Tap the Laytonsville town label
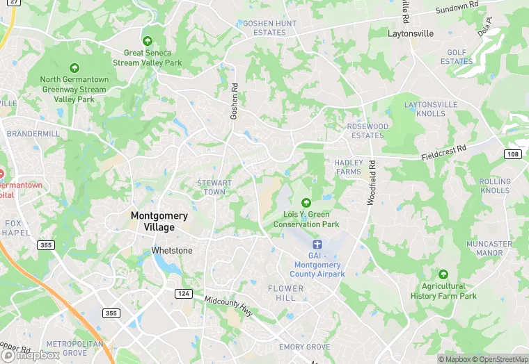pos(410,33)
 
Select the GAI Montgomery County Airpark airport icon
pos(317,245)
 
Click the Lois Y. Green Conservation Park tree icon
pos(306,202)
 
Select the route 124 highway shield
pos(183,294)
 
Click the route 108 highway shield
pos(512,154)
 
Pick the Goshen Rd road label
pos(235,101)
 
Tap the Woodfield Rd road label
pos(371,183)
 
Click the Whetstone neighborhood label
pos(172,250)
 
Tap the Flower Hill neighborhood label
pos(286,293)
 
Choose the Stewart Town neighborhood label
pos(214,188)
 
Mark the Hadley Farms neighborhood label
pos(348,167)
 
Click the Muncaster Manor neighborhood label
pos(489,249)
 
